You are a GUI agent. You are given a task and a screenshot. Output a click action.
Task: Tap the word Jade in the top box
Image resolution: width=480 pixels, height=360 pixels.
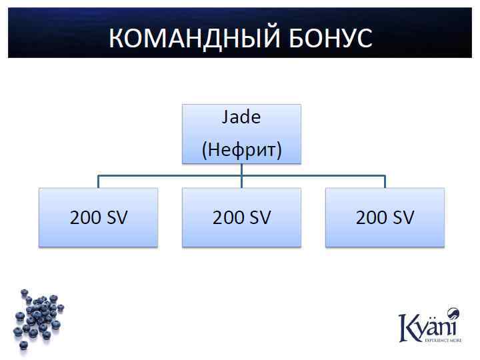click(x=241, y=117)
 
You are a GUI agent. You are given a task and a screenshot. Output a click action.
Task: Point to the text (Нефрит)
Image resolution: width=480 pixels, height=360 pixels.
click(x=241, y=149)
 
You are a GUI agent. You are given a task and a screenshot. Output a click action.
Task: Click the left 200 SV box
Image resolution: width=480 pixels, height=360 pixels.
click(x=98, y=217)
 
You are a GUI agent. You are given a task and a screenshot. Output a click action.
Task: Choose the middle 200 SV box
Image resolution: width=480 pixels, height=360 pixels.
click(x=241, y=217)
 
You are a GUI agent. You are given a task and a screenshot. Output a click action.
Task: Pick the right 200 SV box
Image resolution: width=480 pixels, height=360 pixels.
click(x=385, y=217)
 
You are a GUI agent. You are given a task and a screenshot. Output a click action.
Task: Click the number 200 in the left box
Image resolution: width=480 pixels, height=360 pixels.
click(x=85, y=217)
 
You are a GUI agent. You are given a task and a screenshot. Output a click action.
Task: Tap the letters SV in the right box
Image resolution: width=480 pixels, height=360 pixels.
click(x=402, y=217)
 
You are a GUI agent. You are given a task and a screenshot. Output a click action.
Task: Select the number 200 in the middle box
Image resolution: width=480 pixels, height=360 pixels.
click(x=228, y=217)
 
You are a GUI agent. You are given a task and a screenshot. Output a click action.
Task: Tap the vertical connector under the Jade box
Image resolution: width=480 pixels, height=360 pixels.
click(x=241, y=169)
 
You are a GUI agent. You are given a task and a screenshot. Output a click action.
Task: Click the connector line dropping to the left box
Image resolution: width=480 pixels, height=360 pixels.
click(x=98, y=182)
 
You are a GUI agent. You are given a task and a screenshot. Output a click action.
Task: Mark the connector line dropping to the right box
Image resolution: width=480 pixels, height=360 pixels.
click(x=385, y=182)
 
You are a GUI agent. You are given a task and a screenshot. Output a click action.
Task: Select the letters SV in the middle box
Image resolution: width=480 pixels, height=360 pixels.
click(x=259, y=217)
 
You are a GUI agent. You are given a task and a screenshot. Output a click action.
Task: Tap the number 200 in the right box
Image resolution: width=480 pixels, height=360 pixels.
click(x=371, y=217)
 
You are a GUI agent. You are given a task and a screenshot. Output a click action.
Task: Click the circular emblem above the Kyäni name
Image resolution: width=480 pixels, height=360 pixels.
click(x=453, y=313)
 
